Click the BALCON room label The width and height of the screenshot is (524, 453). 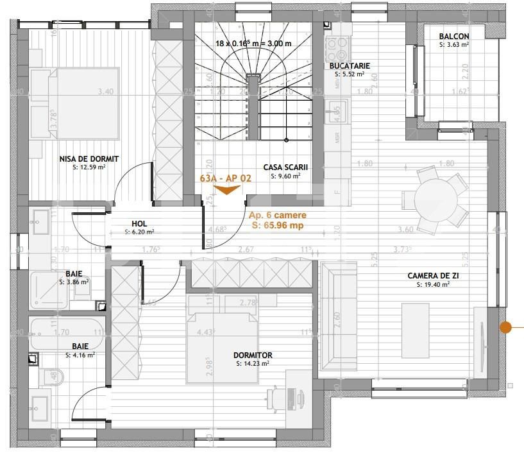453,37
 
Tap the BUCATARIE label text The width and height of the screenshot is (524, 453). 350,66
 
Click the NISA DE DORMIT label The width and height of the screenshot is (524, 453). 89,159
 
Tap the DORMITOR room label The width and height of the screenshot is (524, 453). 253,355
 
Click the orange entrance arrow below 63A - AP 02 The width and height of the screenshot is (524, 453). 225,189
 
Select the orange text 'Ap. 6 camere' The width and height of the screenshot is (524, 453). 277,216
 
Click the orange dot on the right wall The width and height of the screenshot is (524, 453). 505,327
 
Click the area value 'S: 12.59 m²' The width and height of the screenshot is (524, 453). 89,167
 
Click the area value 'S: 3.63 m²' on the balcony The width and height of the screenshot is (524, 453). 453,45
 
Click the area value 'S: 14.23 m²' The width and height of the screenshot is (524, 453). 253,363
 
